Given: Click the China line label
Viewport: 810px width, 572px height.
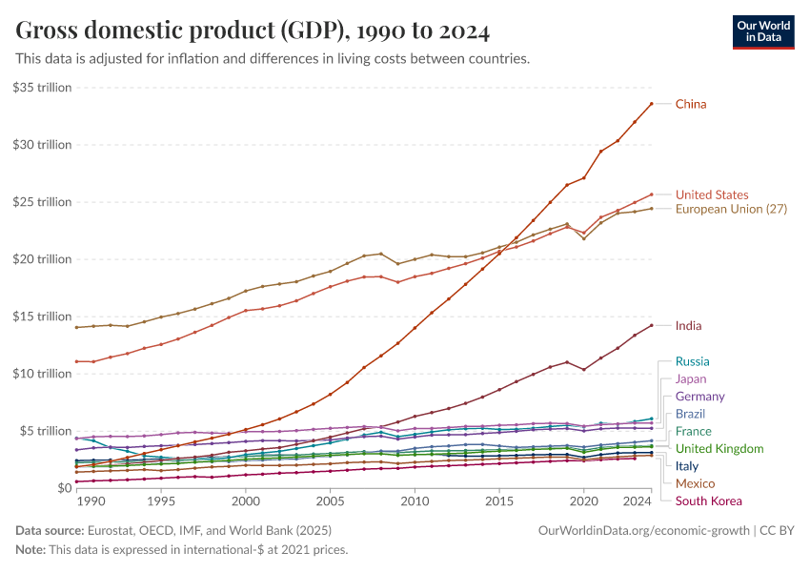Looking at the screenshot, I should tap(691, 104).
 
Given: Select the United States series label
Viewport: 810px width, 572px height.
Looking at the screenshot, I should tap(712, 194).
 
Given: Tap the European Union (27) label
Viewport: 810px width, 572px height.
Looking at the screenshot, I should tap(731, 209).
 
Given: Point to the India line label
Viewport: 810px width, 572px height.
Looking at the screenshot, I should tap(688, 326).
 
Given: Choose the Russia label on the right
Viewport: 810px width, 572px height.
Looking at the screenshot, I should tap(692, 361).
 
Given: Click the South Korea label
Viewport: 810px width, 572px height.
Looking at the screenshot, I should tap(708, 500).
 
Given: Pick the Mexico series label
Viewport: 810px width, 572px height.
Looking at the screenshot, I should tap(695, 483).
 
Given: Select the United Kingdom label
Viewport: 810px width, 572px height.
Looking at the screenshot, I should tap(719, 448).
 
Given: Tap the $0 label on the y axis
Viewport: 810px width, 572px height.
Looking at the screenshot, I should tap(62, 488).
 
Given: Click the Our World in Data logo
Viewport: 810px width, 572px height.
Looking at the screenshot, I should tap(763, 31).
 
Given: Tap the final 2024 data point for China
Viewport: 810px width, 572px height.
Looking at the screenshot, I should tap(651, 104).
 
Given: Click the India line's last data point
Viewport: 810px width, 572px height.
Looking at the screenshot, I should tap(651, 325).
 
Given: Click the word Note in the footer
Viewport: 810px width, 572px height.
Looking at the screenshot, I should tap(30, 549).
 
